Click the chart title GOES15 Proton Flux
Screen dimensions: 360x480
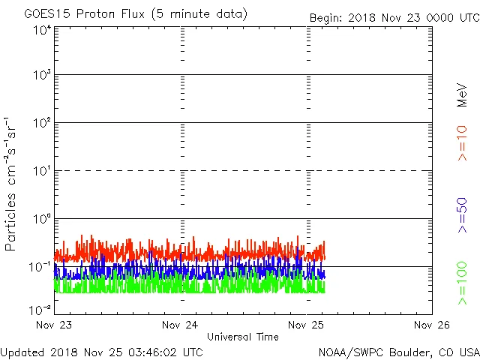[136, 13]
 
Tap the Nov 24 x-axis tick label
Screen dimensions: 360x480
[181, 325]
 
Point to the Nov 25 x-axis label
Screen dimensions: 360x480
[306, 325]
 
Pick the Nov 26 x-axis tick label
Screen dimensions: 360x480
[432, 325]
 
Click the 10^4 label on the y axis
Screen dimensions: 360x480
[41, 30]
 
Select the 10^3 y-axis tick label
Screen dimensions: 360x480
[41, 76]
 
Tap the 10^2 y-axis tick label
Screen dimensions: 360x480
[41, 123]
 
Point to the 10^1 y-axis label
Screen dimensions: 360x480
[41, 171]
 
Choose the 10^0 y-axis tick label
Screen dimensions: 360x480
[41, 219]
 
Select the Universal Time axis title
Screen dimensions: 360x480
[243, 337]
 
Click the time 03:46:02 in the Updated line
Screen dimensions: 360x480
[156, 352]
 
